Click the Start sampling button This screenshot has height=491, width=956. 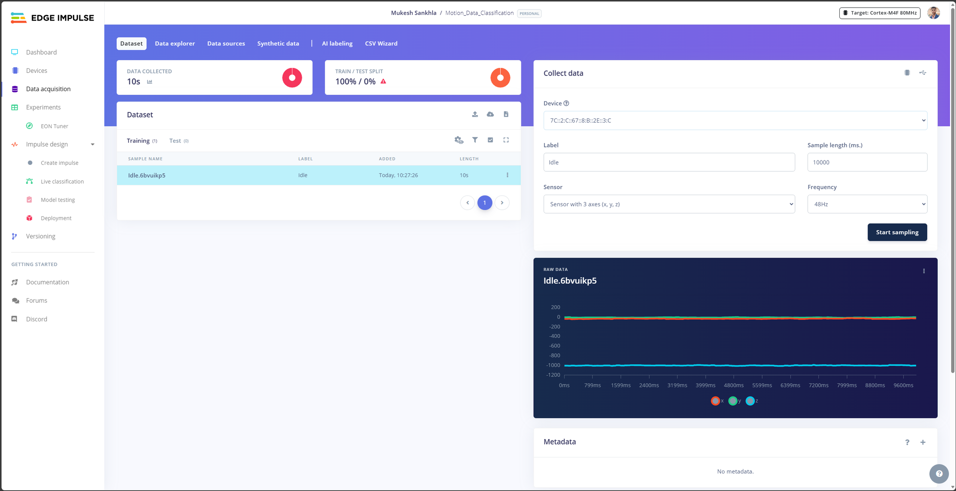tap(897, 232)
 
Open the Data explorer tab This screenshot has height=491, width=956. tap(175, 43)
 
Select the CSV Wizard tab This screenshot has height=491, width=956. tap(381, 43)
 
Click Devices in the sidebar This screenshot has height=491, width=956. tap(37, 70)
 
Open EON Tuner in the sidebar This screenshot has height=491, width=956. tap(55, 126)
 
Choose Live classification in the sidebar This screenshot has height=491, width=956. tap(62, 182)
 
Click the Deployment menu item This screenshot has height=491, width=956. tap(56, 218)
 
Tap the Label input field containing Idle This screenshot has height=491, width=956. tap(669, 162)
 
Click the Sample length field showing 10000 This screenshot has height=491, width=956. tap(867, 162)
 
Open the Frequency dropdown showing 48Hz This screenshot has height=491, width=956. tap(867, 204)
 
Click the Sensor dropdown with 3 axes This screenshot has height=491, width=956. tap(669, 204)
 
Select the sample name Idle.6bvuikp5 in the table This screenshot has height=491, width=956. tap(147, 175)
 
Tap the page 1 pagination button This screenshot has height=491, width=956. tap(485, 203)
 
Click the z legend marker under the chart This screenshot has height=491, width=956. tap(750, 401)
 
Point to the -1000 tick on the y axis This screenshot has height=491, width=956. tap(553, 365)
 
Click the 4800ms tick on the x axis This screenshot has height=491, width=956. tap(734, 385)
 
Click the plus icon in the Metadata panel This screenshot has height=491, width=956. tap(923, 442)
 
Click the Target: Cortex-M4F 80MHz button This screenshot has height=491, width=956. tap(880, 13)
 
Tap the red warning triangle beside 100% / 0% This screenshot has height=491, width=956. tap(383, 81)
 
